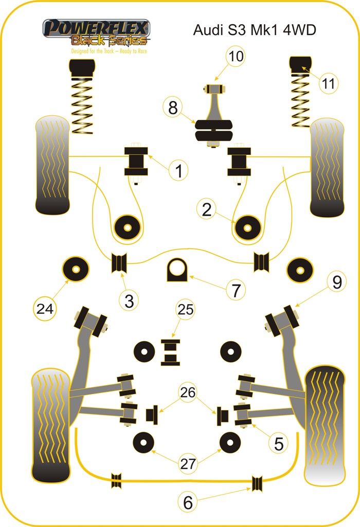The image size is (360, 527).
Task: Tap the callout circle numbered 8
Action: pos(172,108)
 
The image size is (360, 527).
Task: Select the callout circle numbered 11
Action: pos(329,82)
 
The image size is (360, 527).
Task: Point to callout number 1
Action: pos(178,170)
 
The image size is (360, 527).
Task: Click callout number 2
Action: pos(207,209)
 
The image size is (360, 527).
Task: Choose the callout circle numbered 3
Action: pos(129,300)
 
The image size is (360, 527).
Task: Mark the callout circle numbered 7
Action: pos(235,290)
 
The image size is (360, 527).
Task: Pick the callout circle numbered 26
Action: pos(188,392)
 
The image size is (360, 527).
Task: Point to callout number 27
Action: pos(188,463)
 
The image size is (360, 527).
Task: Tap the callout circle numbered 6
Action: pos(188,502)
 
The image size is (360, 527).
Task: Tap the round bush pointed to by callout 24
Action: pos(75,268)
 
